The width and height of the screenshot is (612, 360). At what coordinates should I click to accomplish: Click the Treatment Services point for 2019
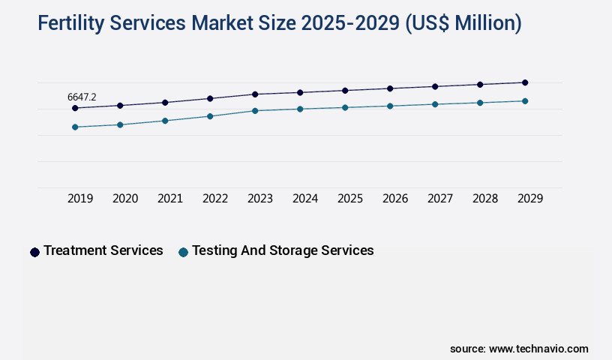point(75,108)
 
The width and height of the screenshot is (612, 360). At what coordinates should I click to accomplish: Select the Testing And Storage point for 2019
point(75,127)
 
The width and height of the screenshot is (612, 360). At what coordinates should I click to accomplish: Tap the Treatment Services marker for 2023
point(255,94)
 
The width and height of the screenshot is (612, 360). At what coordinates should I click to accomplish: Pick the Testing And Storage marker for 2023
point(255,111)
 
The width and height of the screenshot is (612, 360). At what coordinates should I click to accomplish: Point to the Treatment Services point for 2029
point(525,82)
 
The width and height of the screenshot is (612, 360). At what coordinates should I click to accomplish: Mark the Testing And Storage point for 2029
point(525,101)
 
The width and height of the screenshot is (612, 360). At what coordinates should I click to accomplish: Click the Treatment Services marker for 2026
point(390,88)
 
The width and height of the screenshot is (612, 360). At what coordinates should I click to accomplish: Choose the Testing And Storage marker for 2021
point(165,121)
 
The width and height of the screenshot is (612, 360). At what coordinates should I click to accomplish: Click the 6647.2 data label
point(82,97)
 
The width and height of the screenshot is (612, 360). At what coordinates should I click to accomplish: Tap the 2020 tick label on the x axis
point(125,199)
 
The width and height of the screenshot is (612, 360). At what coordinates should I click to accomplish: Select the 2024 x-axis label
point(305,199)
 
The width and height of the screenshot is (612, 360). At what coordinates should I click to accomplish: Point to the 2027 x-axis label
point(440,199)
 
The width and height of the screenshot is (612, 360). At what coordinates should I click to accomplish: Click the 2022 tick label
point(215,199)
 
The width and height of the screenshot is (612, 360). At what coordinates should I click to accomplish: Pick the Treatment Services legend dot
point(34,252)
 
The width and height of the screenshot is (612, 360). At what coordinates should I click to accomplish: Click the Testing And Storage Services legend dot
point(183,252)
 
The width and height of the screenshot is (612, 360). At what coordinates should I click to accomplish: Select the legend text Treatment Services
point(103,250)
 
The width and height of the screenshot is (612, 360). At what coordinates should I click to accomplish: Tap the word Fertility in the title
point(71,24)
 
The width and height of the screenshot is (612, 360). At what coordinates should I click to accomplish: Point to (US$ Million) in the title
point(463,24)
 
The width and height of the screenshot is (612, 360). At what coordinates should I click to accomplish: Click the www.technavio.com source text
point(538,349)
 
